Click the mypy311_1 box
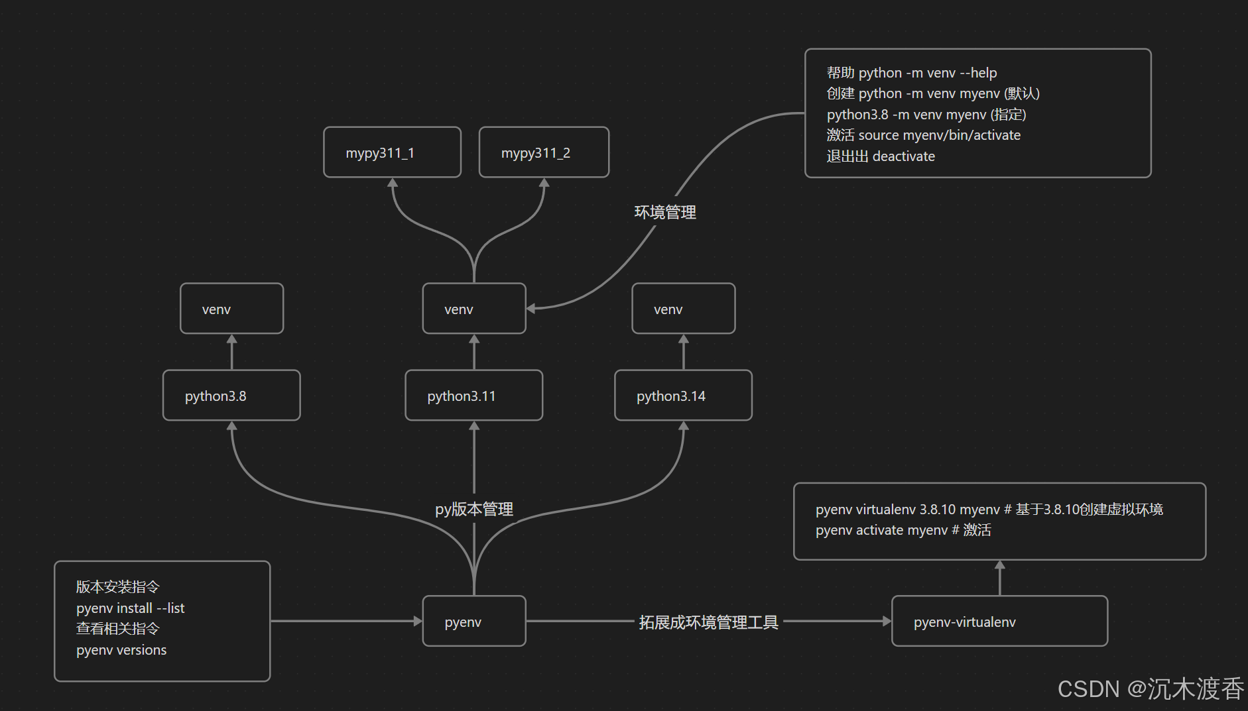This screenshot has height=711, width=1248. (392, 152)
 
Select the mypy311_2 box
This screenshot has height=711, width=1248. (544, 152)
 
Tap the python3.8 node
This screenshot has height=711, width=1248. (231, 396)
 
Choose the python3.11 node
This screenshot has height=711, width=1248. (473, 396)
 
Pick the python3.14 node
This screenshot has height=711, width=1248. (683, 396)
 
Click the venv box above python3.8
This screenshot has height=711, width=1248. (231, 309)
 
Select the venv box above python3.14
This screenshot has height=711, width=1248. (683, 309)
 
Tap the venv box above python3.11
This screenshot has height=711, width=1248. (473, 309)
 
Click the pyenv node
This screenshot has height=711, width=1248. (473, 622)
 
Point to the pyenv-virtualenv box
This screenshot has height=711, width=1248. (999, 622)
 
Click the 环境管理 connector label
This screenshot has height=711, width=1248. (665, 212)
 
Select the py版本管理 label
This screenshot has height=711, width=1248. (474, 509)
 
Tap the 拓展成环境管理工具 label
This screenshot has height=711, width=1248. (708, 622)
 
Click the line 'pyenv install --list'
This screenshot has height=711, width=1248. (130, 608)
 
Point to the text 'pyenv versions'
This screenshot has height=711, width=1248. (121, 650)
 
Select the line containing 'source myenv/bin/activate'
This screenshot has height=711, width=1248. (923, 135)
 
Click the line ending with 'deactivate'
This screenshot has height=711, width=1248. (881, 156)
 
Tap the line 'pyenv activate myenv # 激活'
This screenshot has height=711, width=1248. (903, 530)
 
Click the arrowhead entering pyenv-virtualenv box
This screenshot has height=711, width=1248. (887, 622)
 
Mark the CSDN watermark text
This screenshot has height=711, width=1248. (1151, 689)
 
